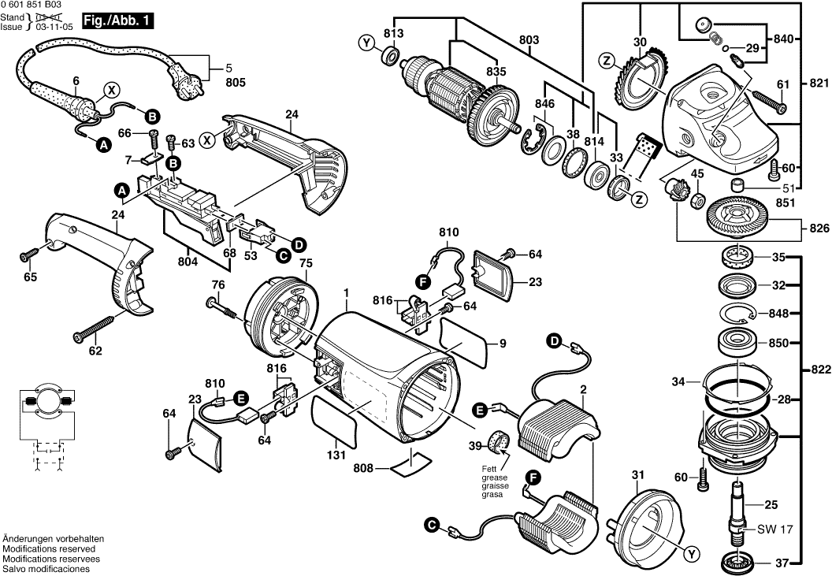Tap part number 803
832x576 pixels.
[529, 39]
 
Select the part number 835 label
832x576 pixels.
[496, 72]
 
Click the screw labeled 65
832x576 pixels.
[29, 254]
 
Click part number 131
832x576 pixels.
[336, 455]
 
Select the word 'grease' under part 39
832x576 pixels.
[496, 478]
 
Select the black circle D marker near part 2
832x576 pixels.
[555, 341]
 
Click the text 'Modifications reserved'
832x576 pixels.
[49, 548]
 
